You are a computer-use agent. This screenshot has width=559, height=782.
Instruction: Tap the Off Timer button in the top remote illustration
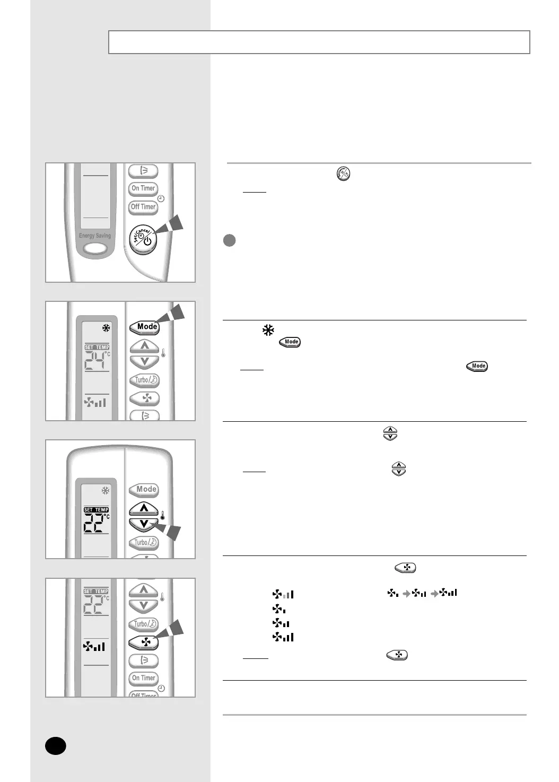[x=143, y=207]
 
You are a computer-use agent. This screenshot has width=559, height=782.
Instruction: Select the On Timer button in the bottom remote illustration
[x=143, y=678]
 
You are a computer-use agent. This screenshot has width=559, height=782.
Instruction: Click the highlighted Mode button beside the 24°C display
[x=145, y=327]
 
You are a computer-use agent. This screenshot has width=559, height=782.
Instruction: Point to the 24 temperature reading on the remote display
[x=95, y=361]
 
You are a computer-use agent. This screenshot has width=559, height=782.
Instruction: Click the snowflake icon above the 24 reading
[x=106, y=328]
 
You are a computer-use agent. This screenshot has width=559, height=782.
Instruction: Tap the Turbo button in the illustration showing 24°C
[x=144, y=380]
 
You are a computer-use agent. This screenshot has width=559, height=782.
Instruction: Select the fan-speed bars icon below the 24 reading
[x=95, y=403]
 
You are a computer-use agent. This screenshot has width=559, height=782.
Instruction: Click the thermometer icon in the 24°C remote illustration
[x=163, y=351]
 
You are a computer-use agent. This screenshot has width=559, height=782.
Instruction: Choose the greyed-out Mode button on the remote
[x=145, y=489]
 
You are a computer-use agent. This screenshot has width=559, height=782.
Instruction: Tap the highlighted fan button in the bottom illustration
[x=144, y=642]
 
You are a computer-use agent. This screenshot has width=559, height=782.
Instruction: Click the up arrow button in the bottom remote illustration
[x=144, y=589]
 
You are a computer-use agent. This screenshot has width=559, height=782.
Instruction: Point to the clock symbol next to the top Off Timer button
[x=161, y=198]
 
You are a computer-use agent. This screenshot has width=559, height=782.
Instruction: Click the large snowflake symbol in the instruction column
[x=268, y=331]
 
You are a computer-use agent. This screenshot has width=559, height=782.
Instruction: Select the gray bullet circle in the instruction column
[x=229, y=240]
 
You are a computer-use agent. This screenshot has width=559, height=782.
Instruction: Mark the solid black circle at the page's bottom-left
[x=55, y=745]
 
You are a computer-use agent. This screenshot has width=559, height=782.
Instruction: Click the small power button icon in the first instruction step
[x=344, y=174]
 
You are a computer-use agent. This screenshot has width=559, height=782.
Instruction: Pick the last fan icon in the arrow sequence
[x=448, y=593]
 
